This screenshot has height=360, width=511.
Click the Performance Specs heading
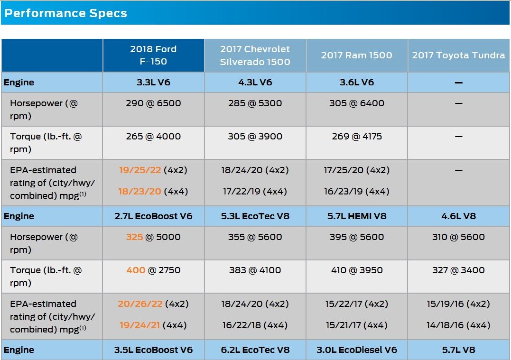[65, 13]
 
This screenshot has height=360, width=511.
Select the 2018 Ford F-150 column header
[153, 55]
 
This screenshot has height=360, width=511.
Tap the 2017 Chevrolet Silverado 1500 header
[255, 55]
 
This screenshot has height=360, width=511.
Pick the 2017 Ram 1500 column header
[356, 55]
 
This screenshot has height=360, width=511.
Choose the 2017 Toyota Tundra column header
[458, 55]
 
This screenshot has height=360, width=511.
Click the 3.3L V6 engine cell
[153, 82]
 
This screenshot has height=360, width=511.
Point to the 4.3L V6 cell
[255, 82]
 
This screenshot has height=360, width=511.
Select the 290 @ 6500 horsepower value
[153, 103]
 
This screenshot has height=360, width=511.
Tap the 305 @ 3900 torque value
[255, 136]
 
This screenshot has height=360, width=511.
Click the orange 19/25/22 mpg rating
[140, 170]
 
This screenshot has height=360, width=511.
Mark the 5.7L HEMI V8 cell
[356, 216]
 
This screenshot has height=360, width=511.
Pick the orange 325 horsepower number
[134, 237]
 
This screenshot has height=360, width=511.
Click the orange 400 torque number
[136, 270]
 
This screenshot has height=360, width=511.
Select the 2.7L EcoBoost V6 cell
[153, 216]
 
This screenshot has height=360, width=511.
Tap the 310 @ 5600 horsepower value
[458, 237]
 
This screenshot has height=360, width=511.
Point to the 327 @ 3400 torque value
[458, 270]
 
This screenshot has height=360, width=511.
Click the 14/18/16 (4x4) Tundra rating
[458, 325]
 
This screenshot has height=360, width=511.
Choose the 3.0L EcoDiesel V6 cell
[356, 350]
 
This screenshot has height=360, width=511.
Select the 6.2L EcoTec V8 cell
[255, 350]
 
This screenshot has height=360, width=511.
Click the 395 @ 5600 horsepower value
[356, 237]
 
